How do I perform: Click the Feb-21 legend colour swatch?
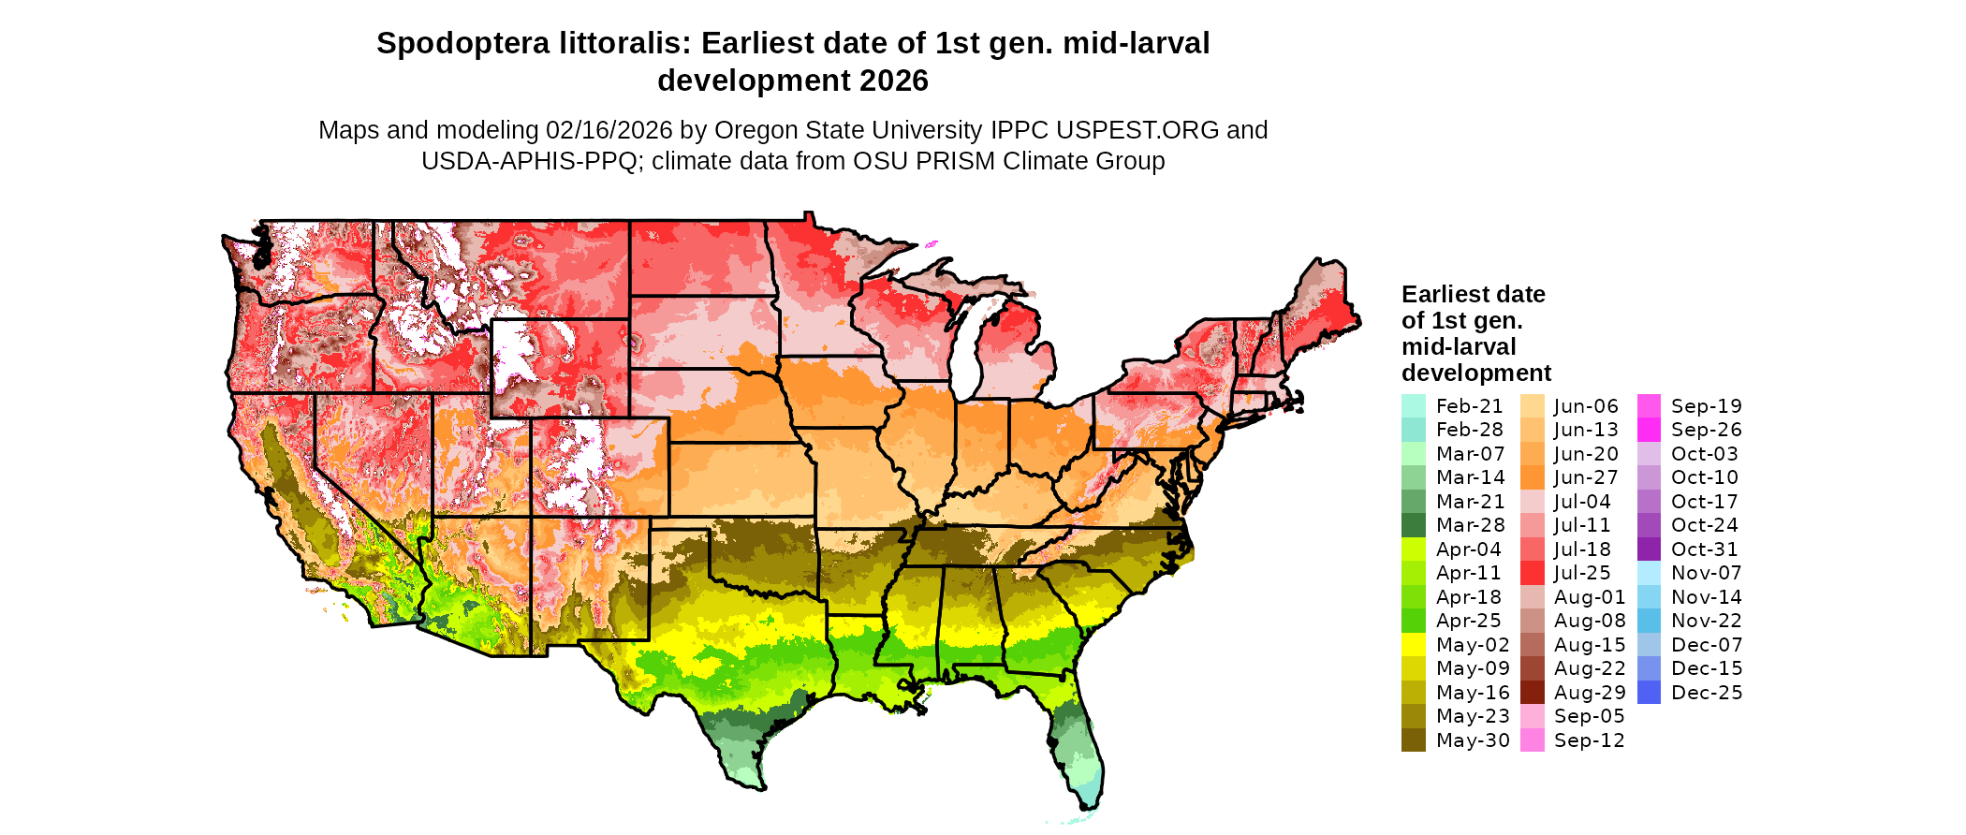(x=1413, y=406)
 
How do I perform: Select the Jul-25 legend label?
(x=1582, y=573)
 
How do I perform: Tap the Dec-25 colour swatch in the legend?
(x=1649, y=693)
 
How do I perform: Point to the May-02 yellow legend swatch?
(x=1413, y=645)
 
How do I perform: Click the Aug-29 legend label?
(x=1590, y=693)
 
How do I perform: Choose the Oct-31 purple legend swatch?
(x=1649, y=549)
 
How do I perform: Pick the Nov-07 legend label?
(x=1706, y=573)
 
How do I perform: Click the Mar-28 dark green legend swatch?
(x=1413, y=525)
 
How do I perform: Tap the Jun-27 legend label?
(x=1586, y=477)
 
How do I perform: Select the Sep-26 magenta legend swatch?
(x=1649, y=430)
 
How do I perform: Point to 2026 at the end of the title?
(x=893, y=81)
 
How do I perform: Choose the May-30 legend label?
(x=1473, y=740)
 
